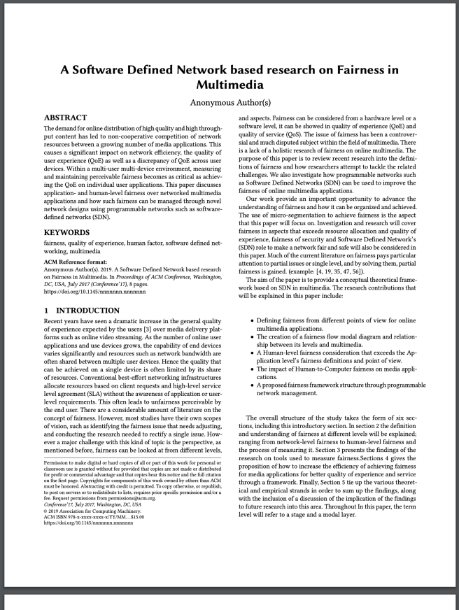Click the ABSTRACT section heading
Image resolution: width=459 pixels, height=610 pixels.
click(x=65, y=118)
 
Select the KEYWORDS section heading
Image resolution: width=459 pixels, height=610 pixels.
click(x=67, y=231)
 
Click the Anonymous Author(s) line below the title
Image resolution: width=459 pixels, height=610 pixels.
click(x=229, y=102)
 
